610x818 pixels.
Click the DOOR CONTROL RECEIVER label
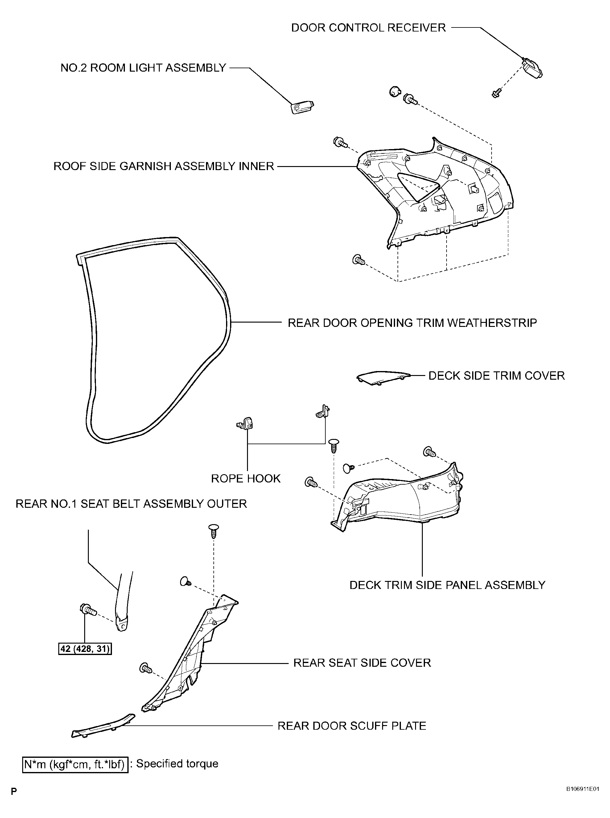tap(369, 28)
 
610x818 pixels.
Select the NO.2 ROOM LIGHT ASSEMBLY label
tap(143, 68)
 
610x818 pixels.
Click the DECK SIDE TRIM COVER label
tap(497, 376)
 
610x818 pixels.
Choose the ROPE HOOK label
tap(245, 479)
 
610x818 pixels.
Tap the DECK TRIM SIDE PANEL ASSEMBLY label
tap(447, 585)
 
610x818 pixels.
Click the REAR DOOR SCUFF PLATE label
tap(352, 726)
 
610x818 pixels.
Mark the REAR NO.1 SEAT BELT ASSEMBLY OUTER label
tap(131, 504)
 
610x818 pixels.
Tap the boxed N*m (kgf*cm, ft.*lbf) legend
tap(75, 764)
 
